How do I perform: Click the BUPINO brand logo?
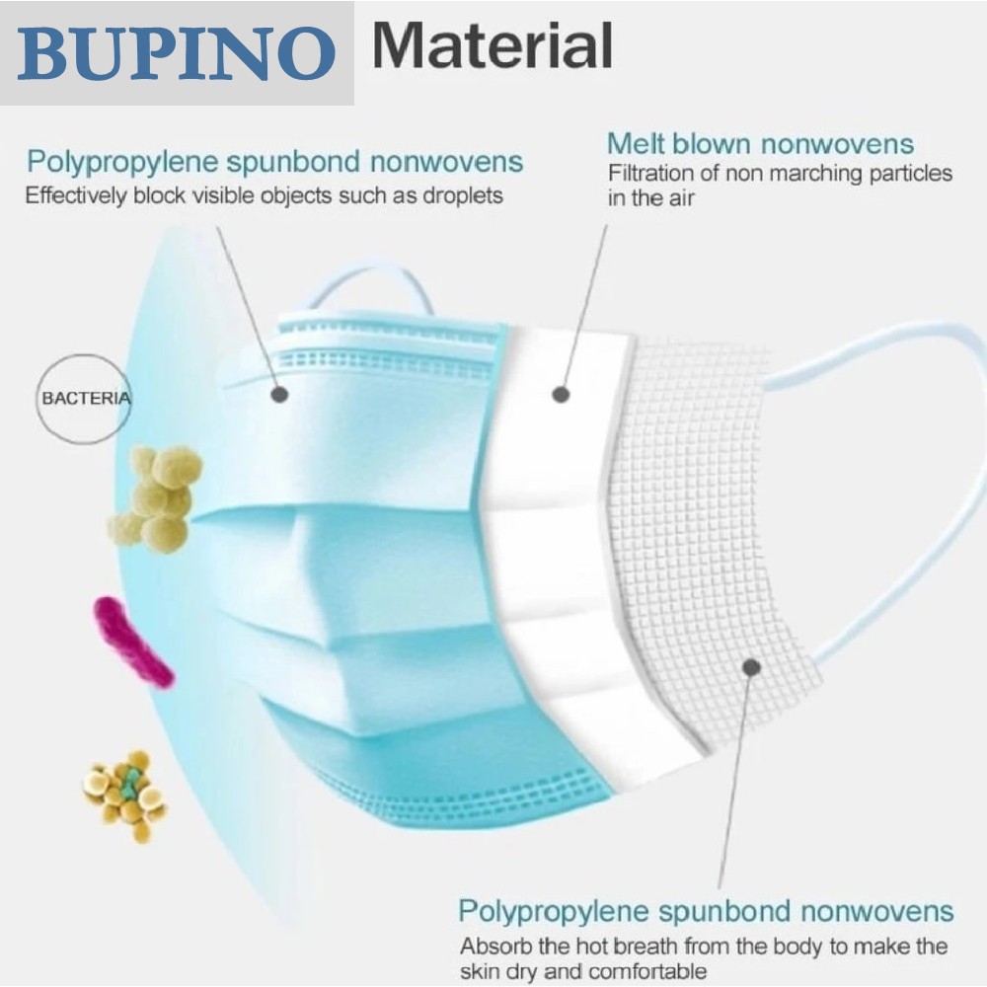point(176,52)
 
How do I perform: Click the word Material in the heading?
point(493,45)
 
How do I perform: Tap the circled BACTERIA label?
point(84,399)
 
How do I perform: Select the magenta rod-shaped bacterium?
point(132,642)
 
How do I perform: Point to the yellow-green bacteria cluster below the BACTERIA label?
point(158,497)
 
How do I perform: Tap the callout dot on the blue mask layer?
point(279,395)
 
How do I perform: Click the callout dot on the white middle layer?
point(561,395)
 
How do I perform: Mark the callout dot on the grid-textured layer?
point(751,668)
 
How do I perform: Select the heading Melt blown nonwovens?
point(760,144)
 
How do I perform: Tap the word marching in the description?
point(812,175)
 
